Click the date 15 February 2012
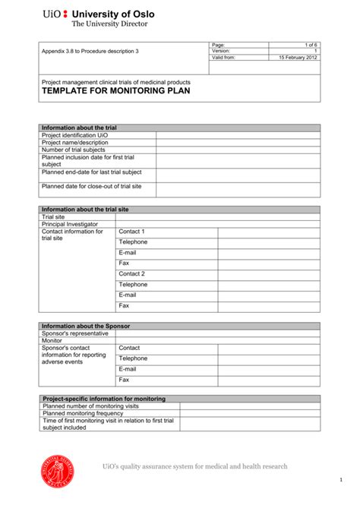297,58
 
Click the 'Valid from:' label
224,58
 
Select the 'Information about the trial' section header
79,128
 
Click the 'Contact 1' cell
132,232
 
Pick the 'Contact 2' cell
132,274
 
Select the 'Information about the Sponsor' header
85,326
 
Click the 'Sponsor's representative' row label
74,333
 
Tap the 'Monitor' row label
52,341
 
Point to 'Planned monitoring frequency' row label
88,413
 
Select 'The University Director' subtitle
109,24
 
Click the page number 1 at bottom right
342,481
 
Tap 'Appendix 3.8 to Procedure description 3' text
90,52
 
